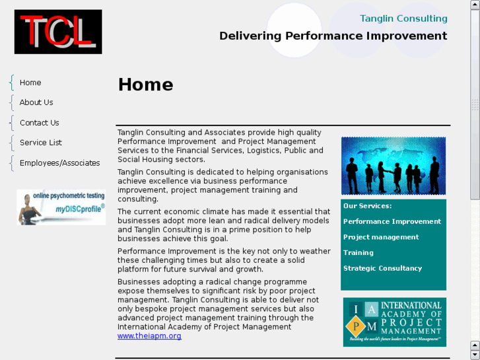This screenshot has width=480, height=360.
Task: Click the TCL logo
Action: point(58,32)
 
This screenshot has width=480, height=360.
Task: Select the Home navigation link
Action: point(30,83)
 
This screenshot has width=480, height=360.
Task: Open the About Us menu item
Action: point(36,102)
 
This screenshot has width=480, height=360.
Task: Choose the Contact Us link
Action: point(39,123)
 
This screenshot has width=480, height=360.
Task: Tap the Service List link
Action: point(41,143)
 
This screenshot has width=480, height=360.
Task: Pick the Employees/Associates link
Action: point(59,163)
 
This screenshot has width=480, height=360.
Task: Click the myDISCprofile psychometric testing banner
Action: point(61,207)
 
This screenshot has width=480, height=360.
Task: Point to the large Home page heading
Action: point(145,85)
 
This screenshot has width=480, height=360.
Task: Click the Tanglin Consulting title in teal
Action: point(403,18)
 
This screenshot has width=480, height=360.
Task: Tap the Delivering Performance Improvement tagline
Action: point(333,36)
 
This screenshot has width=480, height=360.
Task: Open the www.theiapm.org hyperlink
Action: point(149,336)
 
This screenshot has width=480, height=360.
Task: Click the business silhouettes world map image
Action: point(393,166)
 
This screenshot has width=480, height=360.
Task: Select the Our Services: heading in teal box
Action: point(367,206)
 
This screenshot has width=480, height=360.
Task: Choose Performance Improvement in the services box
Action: point(392,222)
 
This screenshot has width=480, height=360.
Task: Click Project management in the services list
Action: point(381,237)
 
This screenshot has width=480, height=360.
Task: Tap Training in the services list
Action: point(359,253)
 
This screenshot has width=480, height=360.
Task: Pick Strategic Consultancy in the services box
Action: point(382,268)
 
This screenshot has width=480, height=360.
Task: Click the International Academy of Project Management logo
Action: point(394,322)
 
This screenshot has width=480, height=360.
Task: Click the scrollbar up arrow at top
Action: point(475,5)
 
